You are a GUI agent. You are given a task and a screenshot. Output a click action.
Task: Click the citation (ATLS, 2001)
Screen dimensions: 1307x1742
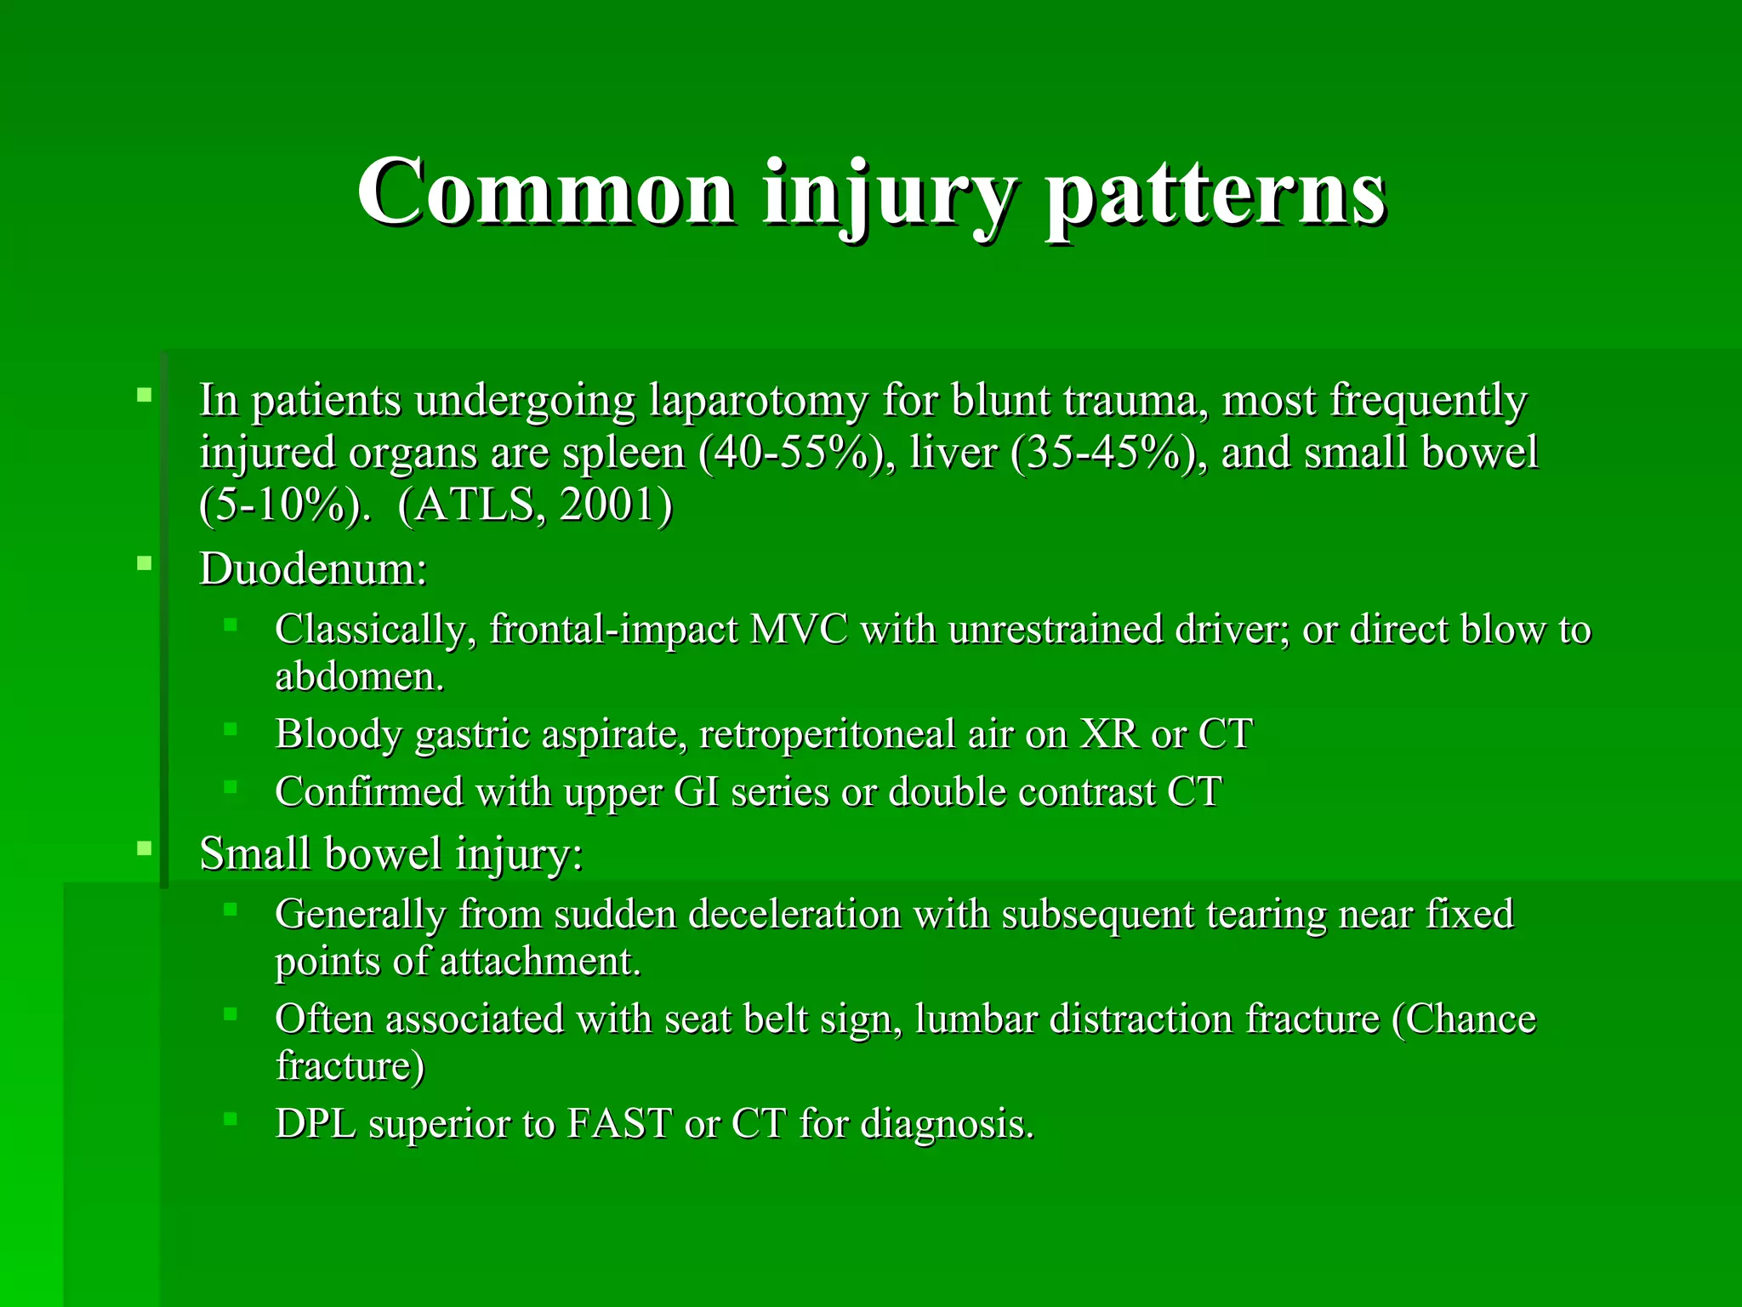(x=535, y=505)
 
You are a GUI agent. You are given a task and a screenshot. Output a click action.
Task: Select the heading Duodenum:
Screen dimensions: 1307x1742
(x=313, y=568)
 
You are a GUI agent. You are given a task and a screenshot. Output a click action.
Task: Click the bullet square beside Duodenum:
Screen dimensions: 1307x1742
(x=145, y=562)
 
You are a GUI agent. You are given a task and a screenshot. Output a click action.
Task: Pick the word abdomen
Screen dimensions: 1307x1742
(x=359, y=677)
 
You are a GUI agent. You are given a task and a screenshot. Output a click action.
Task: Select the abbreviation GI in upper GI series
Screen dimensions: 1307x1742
(x=695, y=792)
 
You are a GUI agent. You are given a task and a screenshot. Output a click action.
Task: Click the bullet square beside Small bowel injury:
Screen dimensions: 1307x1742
(x=145, y=848)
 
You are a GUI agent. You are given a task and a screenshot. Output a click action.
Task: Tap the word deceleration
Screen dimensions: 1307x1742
(x=794, y=914)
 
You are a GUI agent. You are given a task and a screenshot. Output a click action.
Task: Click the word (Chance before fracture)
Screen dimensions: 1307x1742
(x=1464, y=1019)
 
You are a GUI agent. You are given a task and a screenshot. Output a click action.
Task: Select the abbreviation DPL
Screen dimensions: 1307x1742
(x=316, y=1123)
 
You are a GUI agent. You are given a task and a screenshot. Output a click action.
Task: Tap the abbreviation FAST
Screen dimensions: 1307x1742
(x=619, y=1123)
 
